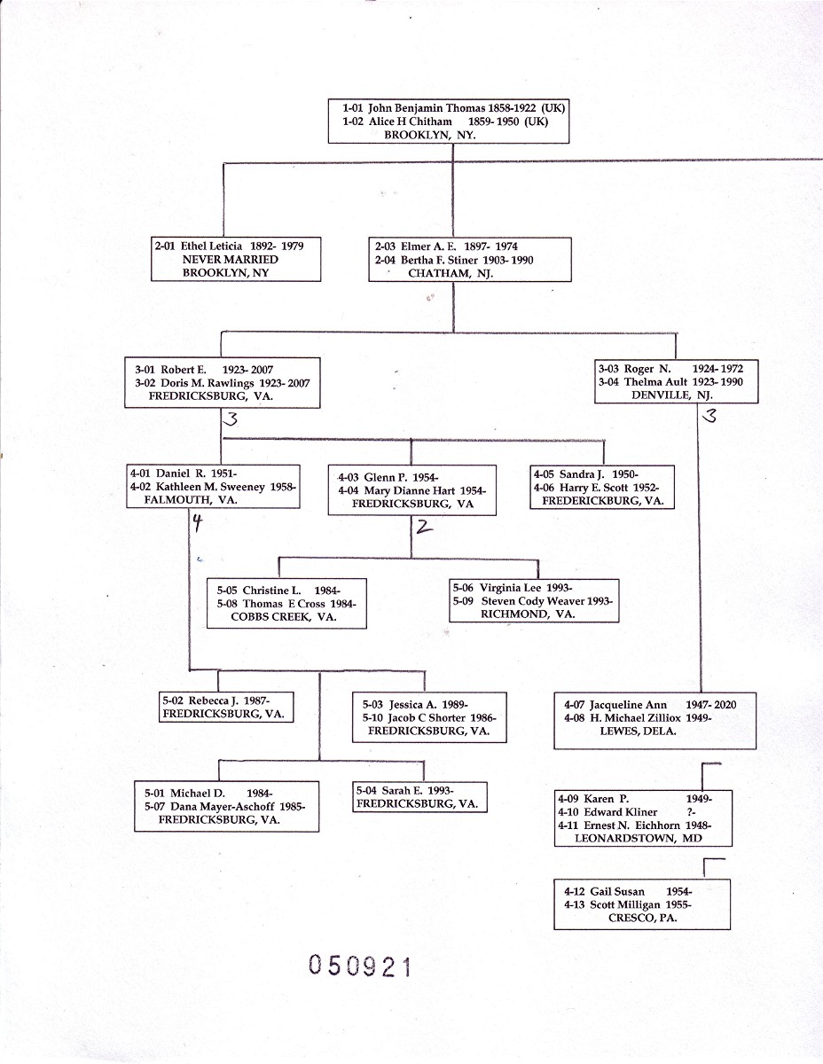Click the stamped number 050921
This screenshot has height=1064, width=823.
pos(360,966)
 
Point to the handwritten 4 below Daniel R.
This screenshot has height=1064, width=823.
pos(198,523)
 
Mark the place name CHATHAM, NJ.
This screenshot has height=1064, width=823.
pos(451,274)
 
